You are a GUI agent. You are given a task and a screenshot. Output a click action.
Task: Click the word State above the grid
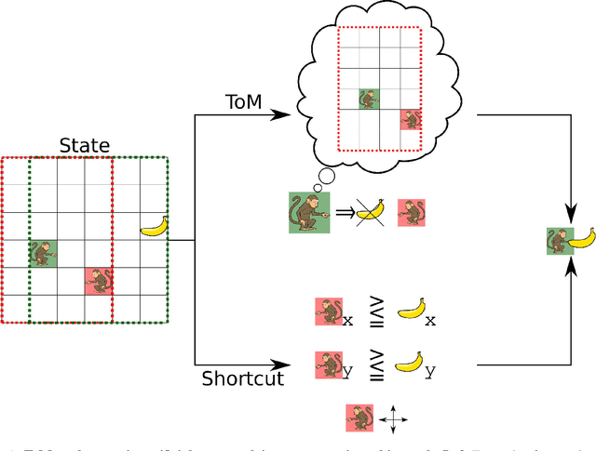pos(85,146)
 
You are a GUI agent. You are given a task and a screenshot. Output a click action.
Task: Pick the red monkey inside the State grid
pos(99,281)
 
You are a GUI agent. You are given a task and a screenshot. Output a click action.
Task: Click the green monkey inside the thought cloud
pos(370,99)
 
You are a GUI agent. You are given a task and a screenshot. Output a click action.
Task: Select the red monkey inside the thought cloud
pos(410,119)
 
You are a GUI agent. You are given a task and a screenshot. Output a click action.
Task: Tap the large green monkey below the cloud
pos(308,213)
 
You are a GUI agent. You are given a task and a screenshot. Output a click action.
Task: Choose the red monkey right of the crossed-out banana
pos(412,212)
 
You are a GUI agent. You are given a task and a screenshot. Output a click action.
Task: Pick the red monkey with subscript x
pos(328,312)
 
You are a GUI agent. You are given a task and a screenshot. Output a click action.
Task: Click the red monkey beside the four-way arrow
pos(359,418)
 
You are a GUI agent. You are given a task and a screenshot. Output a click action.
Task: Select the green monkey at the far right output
pos(557,241)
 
